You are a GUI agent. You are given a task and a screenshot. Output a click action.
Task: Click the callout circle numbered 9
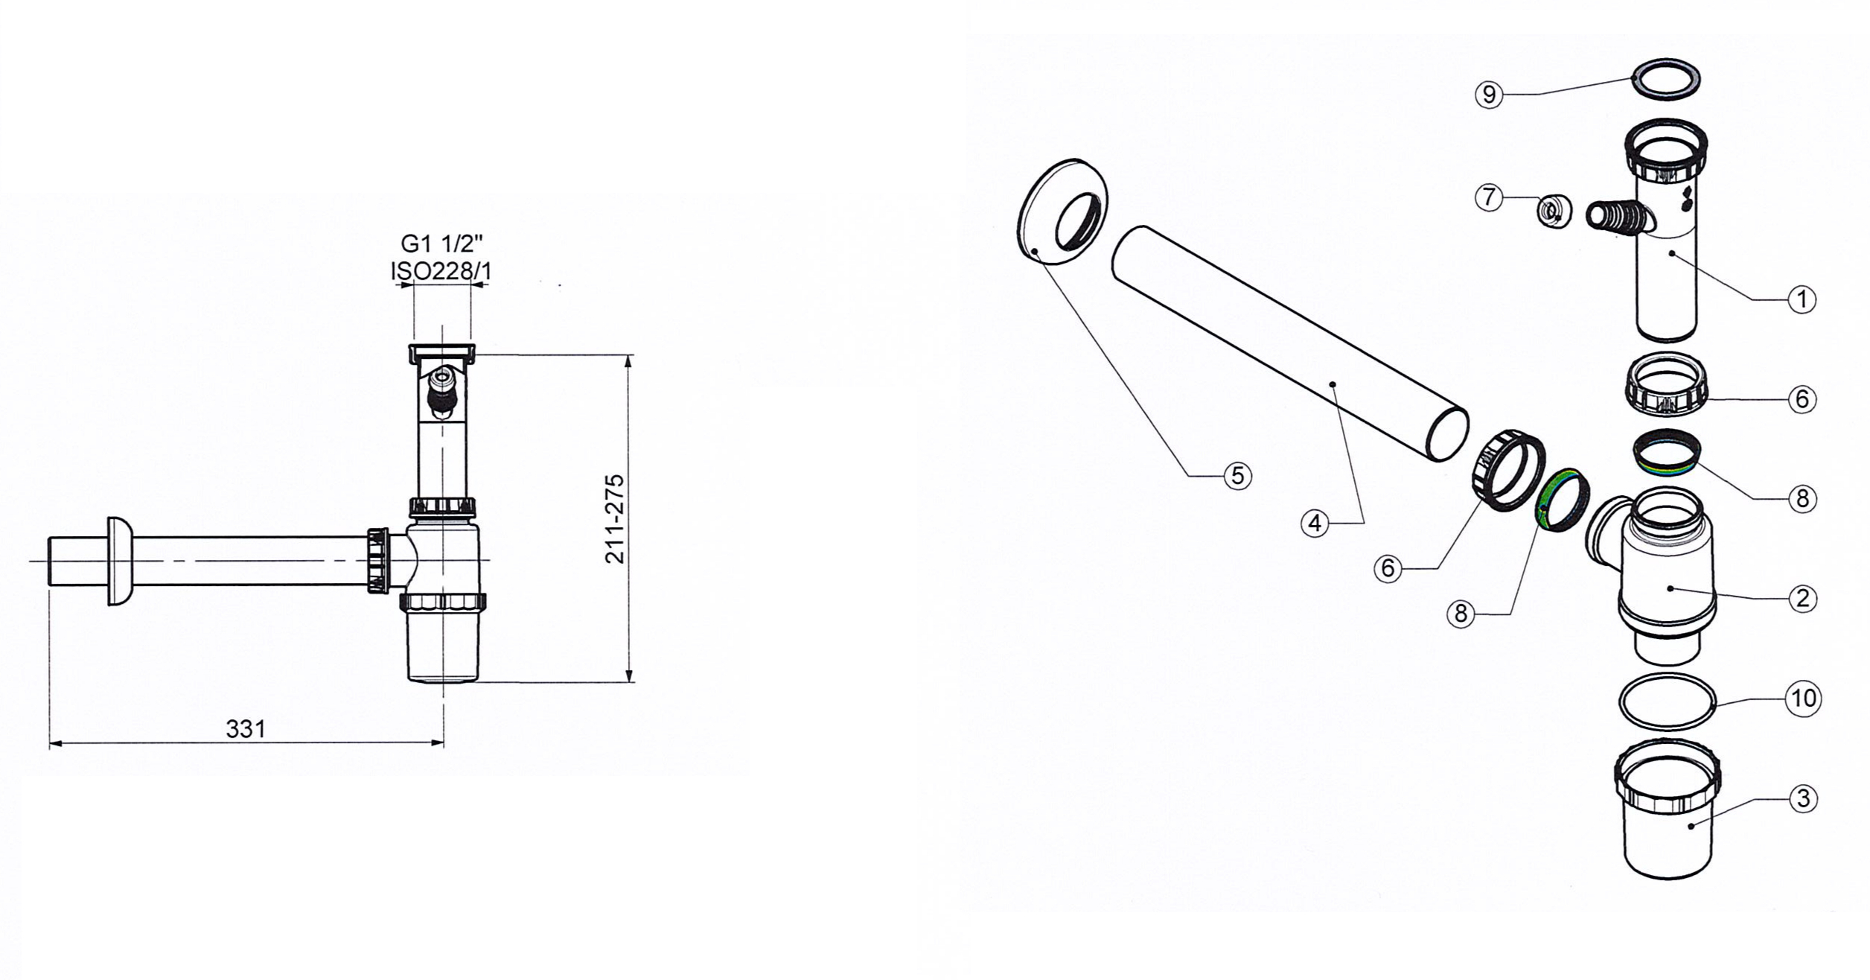click(1489, 95)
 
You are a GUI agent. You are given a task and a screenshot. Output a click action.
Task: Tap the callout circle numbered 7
click(1488, 197)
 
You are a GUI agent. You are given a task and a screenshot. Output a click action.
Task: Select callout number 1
click(1802, 299)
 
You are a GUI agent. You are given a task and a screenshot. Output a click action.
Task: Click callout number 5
click(1237, 475)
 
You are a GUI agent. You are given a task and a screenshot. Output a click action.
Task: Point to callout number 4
click(1315, 524)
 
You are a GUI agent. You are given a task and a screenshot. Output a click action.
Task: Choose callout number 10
click(1804, 699)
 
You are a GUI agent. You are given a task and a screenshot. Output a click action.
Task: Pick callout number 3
click(1803, 799)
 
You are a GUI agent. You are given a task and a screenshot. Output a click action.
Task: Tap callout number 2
click(1802, 598)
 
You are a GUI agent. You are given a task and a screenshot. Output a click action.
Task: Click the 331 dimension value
click(246, 728)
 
